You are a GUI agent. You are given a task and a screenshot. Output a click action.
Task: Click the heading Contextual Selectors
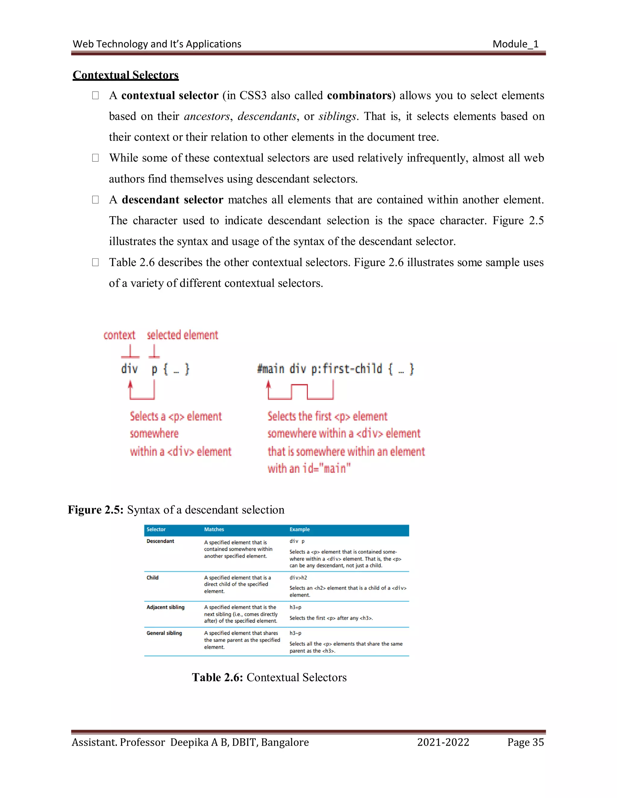[x=125, y=75]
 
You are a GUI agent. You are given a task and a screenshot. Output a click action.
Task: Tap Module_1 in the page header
[x=515, y=44]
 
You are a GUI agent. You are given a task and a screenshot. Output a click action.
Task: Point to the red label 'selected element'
[x=182, y=335]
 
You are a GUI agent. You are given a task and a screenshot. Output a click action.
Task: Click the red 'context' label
[x=119, y=335]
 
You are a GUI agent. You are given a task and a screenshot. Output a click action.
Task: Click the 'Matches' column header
[x=214, y=529]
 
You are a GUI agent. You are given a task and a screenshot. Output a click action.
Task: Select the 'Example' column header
[x=299, y=529]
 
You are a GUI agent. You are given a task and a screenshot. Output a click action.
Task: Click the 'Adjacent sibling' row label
[x=165, y=607]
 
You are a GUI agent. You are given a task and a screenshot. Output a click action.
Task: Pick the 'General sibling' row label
[x=164, y=633]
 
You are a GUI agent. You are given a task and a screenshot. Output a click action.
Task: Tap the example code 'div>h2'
[x=298, y=578]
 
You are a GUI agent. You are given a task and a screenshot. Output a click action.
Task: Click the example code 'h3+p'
[x=295, y=607]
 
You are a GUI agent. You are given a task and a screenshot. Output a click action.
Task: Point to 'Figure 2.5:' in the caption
[x=96, y=510]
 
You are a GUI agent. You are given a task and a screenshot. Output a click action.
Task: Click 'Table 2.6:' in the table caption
[x=218, y=678]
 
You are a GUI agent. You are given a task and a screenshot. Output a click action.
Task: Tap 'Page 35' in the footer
[x=525, y=743]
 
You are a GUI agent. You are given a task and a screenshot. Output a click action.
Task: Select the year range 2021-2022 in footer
[x=443, y=743]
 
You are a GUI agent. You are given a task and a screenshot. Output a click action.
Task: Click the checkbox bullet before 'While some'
[x=96, y=158]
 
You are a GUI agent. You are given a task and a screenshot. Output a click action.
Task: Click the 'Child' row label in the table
[x=152, y=578]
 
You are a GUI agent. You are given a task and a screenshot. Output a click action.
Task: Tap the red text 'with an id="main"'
[x=309, y=469]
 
